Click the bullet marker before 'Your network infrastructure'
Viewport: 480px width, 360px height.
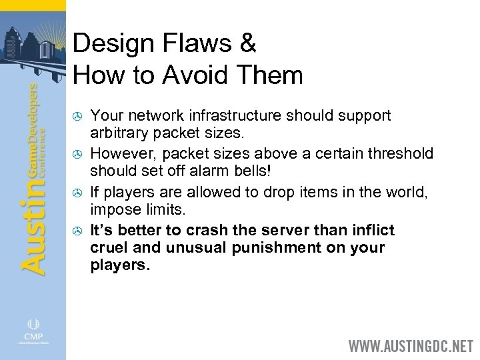click(77, 117)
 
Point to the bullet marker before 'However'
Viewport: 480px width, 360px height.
click(77, 155)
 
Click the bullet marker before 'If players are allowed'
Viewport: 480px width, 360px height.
click(77, 194)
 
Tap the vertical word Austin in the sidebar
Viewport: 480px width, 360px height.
click(33, 226)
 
